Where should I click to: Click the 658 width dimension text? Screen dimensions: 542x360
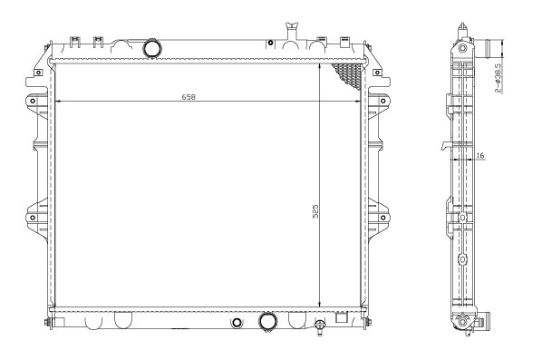pos(189,97)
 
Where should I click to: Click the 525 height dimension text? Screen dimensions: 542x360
pos(315,210)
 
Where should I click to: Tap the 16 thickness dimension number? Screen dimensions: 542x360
pos(480,156)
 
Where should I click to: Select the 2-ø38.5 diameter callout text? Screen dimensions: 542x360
pos(498,78)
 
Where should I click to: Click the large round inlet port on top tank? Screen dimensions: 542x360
pos(151,48)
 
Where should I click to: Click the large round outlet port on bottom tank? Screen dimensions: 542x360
pos(267,322)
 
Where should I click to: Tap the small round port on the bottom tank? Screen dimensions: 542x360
pos(237,322)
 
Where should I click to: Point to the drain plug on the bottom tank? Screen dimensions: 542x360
pos(320,326)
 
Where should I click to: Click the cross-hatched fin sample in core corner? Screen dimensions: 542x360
pos(347,75)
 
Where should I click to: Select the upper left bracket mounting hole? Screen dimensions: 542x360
pos(33,101)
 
